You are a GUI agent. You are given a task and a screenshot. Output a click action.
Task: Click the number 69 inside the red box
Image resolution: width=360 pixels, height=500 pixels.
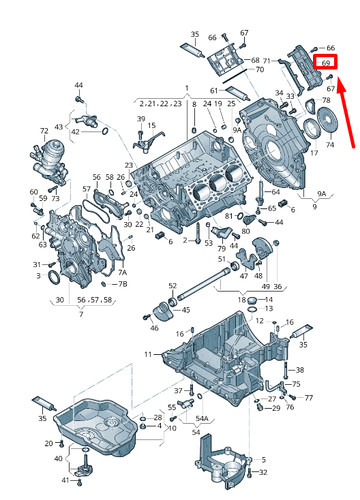point(326,62)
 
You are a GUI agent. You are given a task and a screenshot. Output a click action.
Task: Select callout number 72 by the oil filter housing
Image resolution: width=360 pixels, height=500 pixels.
point(43,131)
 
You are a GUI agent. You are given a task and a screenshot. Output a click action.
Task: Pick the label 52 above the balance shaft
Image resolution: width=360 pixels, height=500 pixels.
point(173,285)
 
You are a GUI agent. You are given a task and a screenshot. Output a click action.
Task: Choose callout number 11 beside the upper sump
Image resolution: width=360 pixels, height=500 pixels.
point(148,354)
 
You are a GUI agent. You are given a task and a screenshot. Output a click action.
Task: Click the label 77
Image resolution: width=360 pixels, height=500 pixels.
point(308,397)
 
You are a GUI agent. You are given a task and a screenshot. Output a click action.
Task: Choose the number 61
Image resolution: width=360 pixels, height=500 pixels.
point(214,91)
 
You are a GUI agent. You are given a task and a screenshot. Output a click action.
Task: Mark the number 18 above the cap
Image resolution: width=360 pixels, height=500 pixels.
point(239,299)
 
